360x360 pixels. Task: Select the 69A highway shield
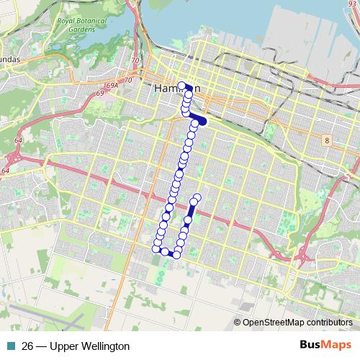point(111,85)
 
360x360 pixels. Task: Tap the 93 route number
point(352,4)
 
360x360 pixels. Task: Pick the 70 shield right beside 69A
point(129,80)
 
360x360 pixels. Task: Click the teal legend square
point(9,346)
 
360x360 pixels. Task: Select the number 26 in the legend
point(28,346)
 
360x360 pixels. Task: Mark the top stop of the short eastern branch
point(197,197)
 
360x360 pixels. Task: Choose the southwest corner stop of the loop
point(156,248)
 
